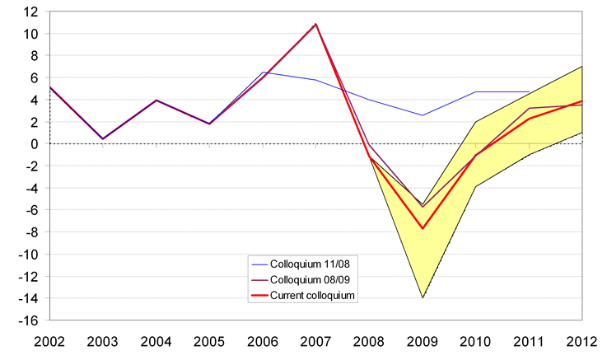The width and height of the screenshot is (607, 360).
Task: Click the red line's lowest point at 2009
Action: [423, 228]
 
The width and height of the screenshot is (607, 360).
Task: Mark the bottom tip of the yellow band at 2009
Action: [423, 297]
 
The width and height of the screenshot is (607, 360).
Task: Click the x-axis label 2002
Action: [47, 339]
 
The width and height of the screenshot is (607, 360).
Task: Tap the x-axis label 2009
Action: [423, 339]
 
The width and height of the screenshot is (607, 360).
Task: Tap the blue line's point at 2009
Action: [423, 115]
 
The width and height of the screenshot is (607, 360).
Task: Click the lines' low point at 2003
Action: [102, 138]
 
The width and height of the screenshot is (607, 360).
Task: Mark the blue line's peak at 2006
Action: [262, 72]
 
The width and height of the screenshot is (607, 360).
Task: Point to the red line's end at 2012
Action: [582, 101]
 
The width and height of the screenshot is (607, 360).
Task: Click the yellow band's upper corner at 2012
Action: [582, 67]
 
